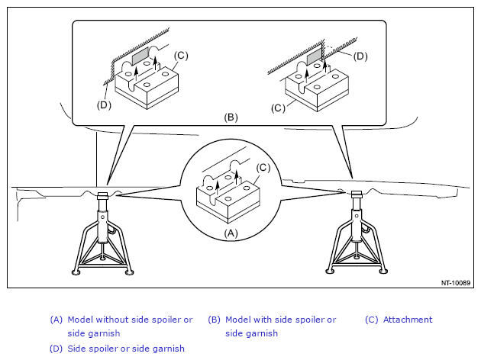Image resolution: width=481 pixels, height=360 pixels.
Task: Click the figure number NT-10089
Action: pos(456,283)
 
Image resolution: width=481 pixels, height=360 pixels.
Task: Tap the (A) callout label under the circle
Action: pos(231,233)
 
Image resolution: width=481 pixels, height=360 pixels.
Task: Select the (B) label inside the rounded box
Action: pos(231,117)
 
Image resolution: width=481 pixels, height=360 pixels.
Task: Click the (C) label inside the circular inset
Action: pos(263,168)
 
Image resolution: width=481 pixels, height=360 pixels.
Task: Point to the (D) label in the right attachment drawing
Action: pos(360,56)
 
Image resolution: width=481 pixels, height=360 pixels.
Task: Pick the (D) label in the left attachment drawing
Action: pos(104,105)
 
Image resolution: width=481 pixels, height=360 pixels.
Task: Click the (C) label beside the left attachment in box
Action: pos(181,56)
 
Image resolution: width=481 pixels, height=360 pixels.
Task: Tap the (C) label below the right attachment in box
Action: pos(278,108)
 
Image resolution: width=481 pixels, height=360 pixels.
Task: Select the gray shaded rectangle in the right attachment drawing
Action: pos(314,57)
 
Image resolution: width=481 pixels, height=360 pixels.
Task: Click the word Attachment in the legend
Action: pos(408,320)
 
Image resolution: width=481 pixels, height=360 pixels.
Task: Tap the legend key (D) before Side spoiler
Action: pos(56,349)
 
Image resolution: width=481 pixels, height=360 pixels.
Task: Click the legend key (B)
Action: pos(214,320)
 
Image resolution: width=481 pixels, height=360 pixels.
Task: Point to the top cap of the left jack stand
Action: pos(102,195)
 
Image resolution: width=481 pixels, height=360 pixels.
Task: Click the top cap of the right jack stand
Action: pos(357,194)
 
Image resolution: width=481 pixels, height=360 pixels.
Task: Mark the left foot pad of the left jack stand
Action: pos(76,272)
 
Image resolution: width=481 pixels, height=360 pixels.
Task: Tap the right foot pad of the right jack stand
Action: pos(383,271)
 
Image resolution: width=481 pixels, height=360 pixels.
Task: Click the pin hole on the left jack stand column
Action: pos(102,217)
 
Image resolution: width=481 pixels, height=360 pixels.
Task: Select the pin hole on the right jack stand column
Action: pos(357,215)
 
